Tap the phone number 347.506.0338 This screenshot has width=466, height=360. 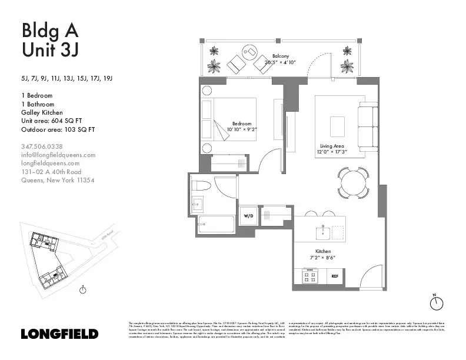42,146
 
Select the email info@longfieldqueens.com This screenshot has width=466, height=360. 58,155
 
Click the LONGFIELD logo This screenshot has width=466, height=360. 59,334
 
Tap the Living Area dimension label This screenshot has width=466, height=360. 332,149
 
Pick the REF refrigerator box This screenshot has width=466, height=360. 334,275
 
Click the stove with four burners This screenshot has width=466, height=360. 309,275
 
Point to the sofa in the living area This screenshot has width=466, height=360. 368,126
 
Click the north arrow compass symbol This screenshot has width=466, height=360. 436,302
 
